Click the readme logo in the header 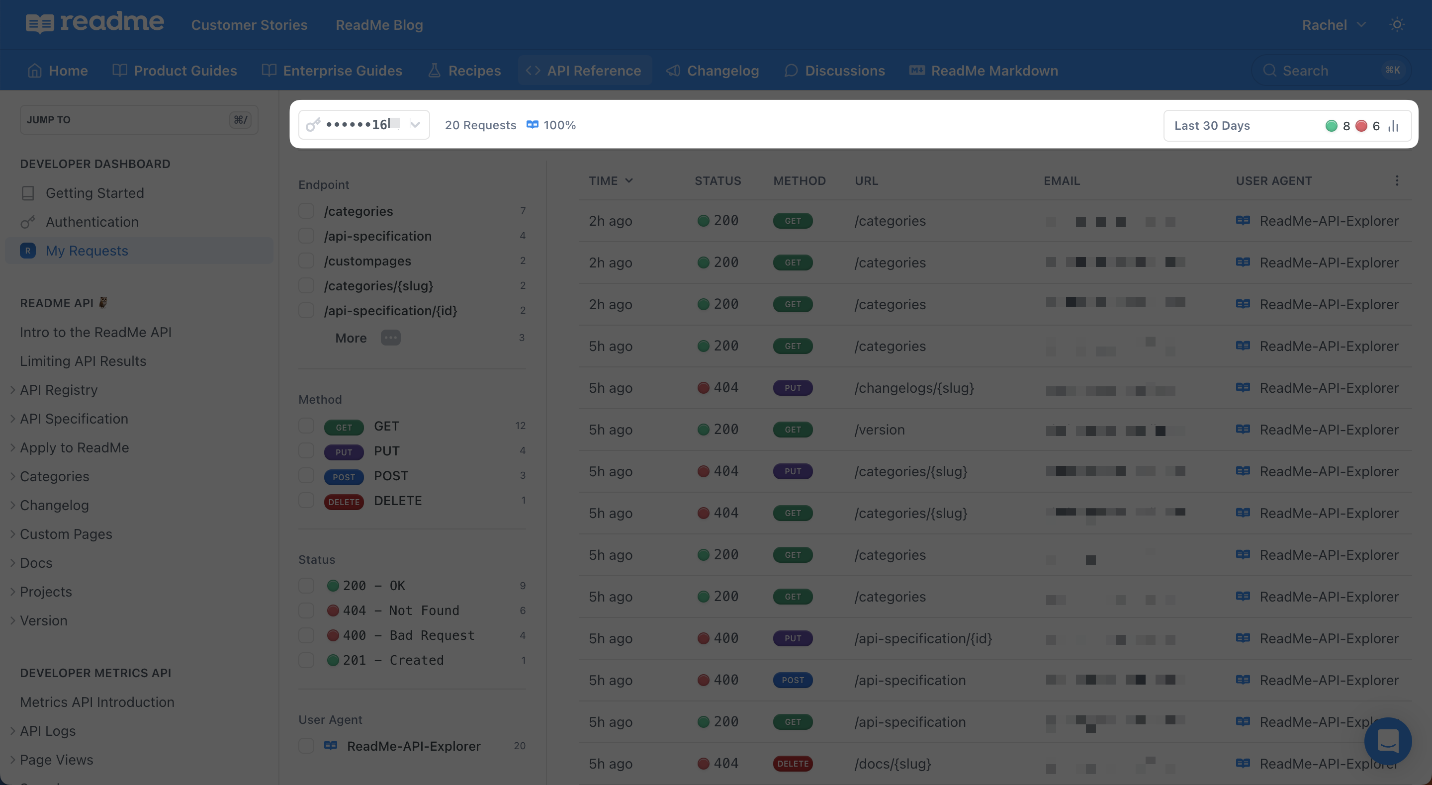click(94, 23)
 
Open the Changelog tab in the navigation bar click(713, 71)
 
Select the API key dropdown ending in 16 click(364, 124)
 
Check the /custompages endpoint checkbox click(306, 261)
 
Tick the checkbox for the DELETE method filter click(306, 500)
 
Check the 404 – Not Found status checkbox click(306, 611)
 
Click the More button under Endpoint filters click(367, 338)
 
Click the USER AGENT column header click(1273, 180)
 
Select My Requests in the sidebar click(87, 251)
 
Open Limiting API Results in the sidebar click(84, 361)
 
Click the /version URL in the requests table click(880, 430)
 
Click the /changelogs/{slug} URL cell click(914, 388)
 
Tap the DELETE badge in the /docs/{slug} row click(793, 764)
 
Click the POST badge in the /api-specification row click(793, 681)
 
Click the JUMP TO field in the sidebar click(139, 119)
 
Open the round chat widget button click(1388, 741)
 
